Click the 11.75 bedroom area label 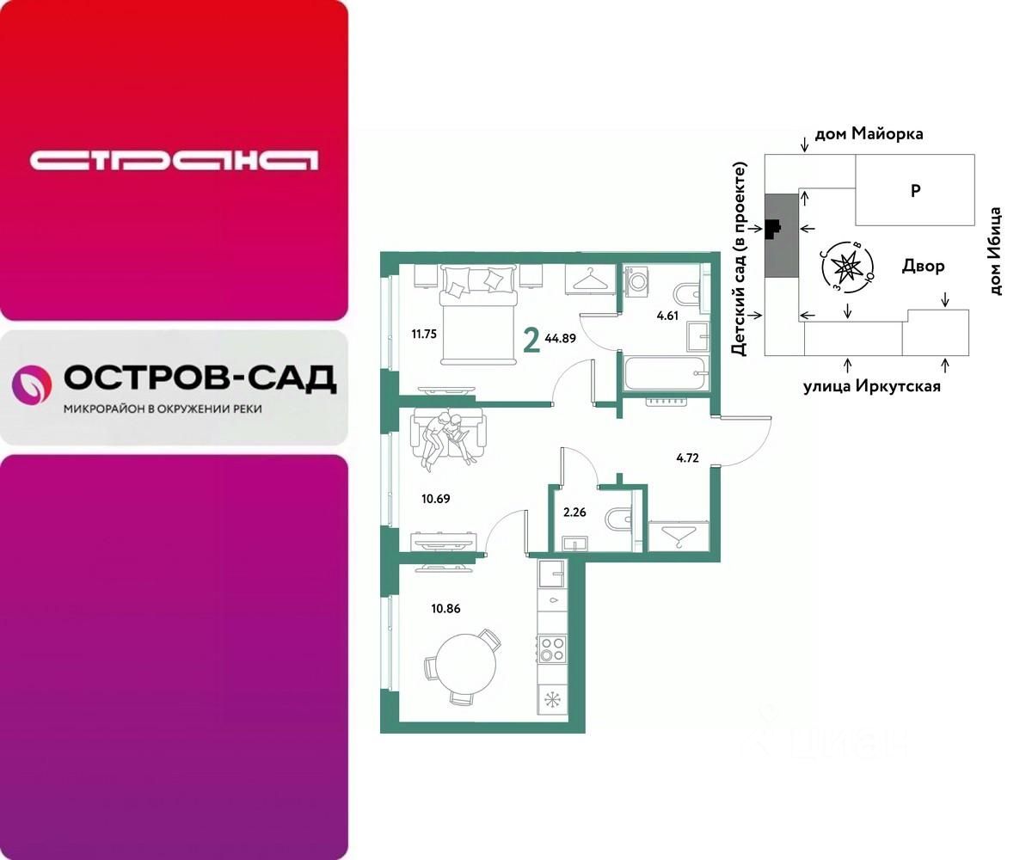[426, 333]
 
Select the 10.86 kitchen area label [445, 607]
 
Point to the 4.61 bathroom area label [667, 316]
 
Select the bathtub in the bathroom [665, 374]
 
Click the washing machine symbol [637, 282]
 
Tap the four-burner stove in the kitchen [551, 648]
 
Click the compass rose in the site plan [848, 267]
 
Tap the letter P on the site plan [916, 191]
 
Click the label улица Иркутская [871, 386]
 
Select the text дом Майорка [869, 134]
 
